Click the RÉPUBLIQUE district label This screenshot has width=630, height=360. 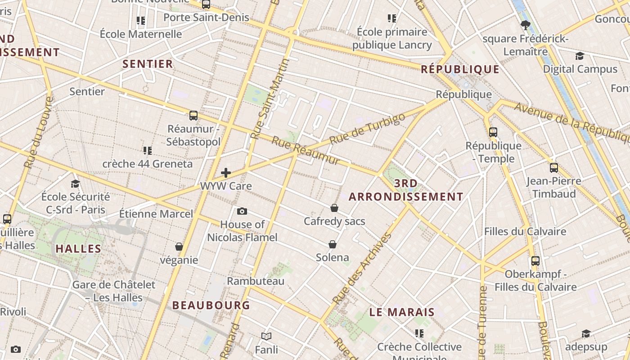(x=460, y=69)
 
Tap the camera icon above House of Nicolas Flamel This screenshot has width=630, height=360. (x=242, y=211)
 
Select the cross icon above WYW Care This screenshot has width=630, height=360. (x=226, y=173)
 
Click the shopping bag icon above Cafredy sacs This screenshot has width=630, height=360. (x=334, y=208)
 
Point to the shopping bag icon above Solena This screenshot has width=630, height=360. (x=333, y=244)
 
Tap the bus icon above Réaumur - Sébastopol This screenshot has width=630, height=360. (x=193, y=116)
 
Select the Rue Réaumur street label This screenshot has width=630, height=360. (x=306, y=151)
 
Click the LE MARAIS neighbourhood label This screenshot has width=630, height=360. (x=402, y=312)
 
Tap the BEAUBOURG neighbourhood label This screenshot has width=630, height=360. (x=211, y=305)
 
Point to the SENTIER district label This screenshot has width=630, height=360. (x=148, y=64)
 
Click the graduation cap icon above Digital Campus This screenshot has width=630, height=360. (x=580, y=56)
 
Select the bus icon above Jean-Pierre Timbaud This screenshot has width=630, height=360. (x=553, y=168)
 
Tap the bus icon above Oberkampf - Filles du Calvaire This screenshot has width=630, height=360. (x=535, y=261)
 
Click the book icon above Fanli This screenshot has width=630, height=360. (x=266, y=336)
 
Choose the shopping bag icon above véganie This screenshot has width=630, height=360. (x=179, y=247)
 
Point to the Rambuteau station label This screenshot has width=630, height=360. (x=256, y=281)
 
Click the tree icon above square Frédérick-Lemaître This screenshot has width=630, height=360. (x=525, y=25)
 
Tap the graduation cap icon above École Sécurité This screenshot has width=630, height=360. (x=75, y=184)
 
